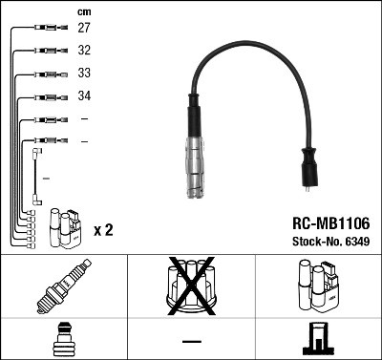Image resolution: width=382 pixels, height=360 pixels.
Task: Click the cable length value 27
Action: tap(84, 29)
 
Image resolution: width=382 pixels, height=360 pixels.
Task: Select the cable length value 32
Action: tap(84, 51)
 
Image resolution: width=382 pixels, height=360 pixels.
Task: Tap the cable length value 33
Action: tap(84, 74)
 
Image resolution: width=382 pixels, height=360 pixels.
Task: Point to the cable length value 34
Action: tap(84, 96)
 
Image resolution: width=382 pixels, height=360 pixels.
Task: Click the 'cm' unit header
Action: tap(84, 11)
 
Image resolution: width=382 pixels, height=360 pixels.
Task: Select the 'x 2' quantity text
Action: tap(104, 231)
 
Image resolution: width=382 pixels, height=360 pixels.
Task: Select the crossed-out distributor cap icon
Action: tap(191, 286)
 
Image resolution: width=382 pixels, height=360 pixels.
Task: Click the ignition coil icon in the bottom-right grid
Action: tap(318, 286)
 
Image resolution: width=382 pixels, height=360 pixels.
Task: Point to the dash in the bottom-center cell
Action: tap(191, 340)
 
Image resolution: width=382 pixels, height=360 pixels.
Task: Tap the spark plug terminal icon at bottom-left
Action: tap(64, 339)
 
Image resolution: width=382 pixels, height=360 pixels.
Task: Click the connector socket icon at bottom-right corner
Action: tap(318, 339)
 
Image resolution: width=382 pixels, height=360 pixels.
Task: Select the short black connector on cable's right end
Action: tap(310, 170)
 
